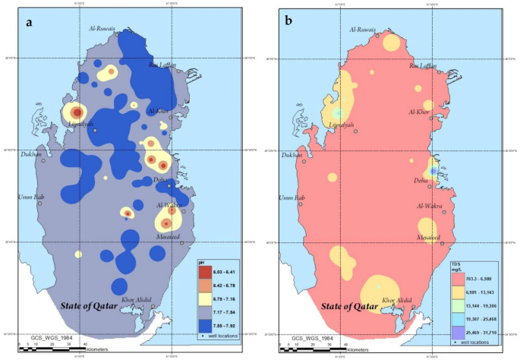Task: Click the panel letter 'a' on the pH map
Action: [x=29, y=21]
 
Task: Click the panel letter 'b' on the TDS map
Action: [x=289, y=21]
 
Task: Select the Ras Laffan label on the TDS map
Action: [x=422, y=66]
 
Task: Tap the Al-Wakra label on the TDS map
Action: [x=430, y=206]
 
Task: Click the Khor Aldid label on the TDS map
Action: [x=399, y=300]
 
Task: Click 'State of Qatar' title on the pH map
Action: [x=91, y=306]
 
